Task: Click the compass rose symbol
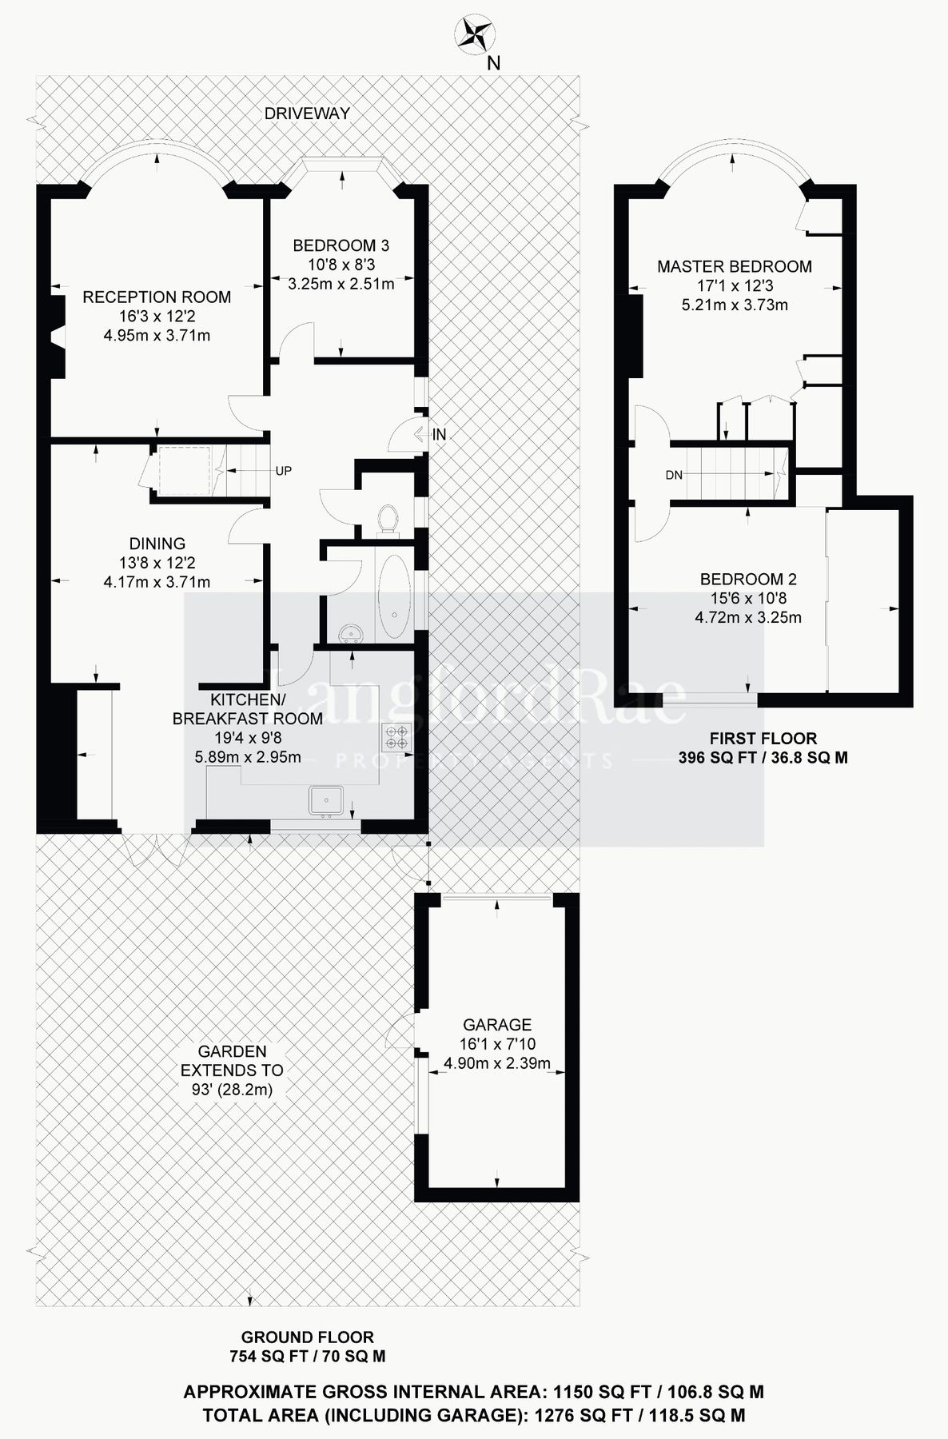click(474, 34)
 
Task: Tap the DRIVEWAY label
click(307, 114)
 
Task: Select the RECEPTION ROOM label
click(157, 297)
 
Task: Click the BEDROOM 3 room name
click(341, 245)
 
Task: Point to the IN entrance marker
click(439, 435)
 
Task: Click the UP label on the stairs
click(283, 471)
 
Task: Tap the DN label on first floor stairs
click(674, 475)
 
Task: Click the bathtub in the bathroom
click(394, 596)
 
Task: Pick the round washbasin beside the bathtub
click(350, 633)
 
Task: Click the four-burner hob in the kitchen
click(397, 736)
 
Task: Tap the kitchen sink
click(326, 800)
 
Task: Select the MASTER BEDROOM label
click(734, 267)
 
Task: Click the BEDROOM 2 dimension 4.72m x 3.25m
click(747, 617)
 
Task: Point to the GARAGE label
click(497, 1025)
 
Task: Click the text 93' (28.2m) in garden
click(232, 1090)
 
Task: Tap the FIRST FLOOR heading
click(763, 739)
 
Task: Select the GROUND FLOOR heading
click(307, 1337)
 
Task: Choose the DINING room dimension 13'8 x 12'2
click(157, 563)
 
